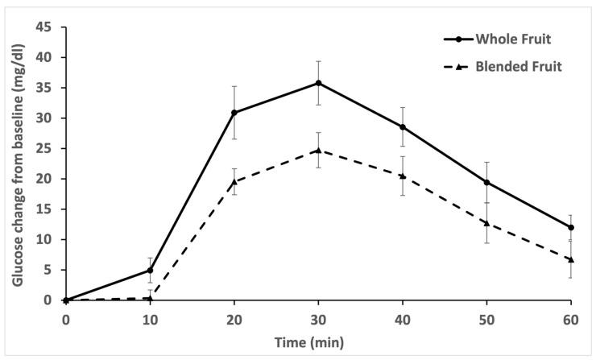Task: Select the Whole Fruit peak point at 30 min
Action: pyautogui.click(x=319, y=83)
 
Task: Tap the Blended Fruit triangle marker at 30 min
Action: pyautogui.click(x=319, y=151)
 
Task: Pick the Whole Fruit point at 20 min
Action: pyautogui.click(x=234, y=113)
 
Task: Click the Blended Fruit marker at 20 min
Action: pyautogui.click(x=234, y=182)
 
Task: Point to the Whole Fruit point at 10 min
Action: pyautogui.click(x=150, y=270)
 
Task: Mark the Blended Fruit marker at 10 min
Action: pyautogui.click(x=150, y=298)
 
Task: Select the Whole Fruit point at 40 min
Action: pyautogui.click(x=403, y=127)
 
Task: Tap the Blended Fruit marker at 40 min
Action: pyautogui.click(x=403, y=176)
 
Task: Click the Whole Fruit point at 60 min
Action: pyautogui.click(x=571, y=227)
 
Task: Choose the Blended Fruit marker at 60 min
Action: pyautogui.click(x=571, y=259)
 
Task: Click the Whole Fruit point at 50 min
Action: pyautogui.click(x=487, y=182)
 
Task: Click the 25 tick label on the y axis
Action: pyautogui.click(x=48, y=148)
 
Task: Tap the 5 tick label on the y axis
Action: pyautogui.click(x=52, y=270)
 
